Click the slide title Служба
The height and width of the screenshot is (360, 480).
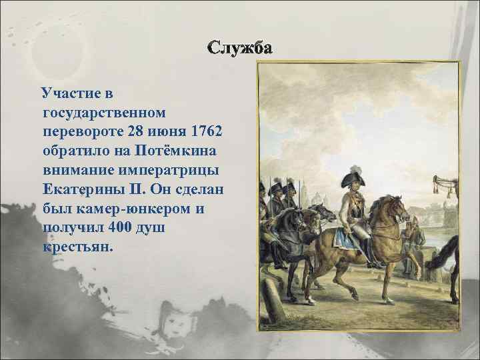coord(239,49)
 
